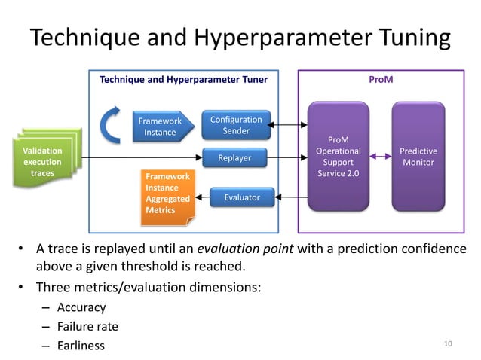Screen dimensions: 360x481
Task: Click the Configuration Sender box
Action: [x=236, y=125]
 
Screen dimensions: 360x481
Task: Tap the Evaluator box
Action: [x=241, y=197]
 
